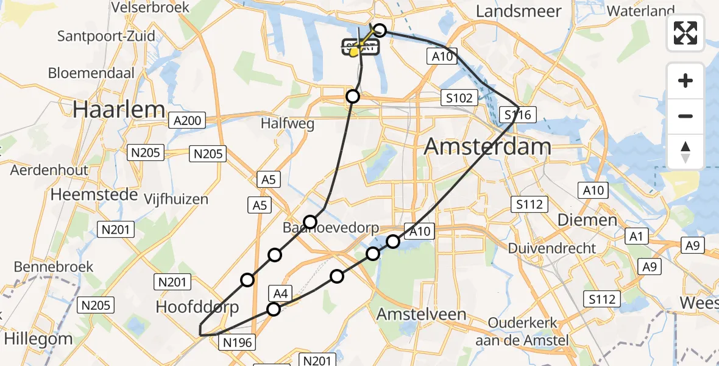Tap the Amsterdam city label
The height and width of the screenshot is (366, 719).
coord(487,146)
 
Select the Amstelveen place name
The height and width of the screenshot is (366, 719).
coord(422,315)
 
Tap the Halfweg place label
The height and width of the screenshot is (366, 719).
coord(287,124)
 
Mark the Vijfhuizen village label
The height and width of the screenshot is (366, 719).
coord(176,199)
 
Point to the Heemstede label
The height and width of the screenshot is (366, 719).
coord(88,195)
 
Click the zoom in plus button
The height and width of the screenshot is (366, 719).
coord(685,81)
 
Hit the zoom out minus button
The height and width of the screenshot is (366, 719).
coord(685,116)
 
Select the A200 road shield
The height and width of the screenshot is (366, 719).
coord(187,121)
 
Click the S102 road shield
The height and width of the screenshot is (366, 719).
coord(459,97)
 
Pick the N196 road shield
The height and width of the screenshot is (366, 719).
coord(237,342)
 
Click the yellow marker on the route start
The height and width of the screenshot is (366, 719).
coord(354,53)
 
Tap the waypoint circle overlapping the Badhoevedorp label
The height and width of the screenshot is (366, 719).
coord(311,222)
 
